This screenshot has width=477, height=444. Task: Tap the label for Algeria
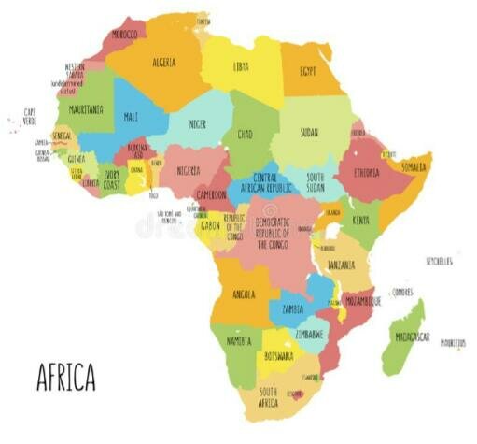(164, 63)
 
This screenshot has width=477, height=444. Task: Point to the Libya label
(241, 66)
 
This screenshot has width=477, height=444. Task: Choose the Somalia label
(414, 166)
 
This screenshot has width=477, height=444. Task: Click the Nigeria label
(189, 170)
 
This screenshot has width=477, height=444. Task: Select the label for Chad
(245, 135)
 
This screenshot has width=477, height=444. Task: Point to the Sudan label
(309, 133)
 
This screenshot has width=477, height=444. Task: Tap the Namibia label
(239, 342)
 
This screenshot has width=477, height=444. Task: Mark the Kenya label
(360, 221)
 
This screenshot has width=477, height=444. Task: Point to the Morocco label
(124, 34)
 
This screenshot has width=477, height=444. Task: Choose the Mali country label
(131, 117)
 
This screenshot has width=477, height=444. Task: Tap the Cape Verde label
(30, 117)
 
